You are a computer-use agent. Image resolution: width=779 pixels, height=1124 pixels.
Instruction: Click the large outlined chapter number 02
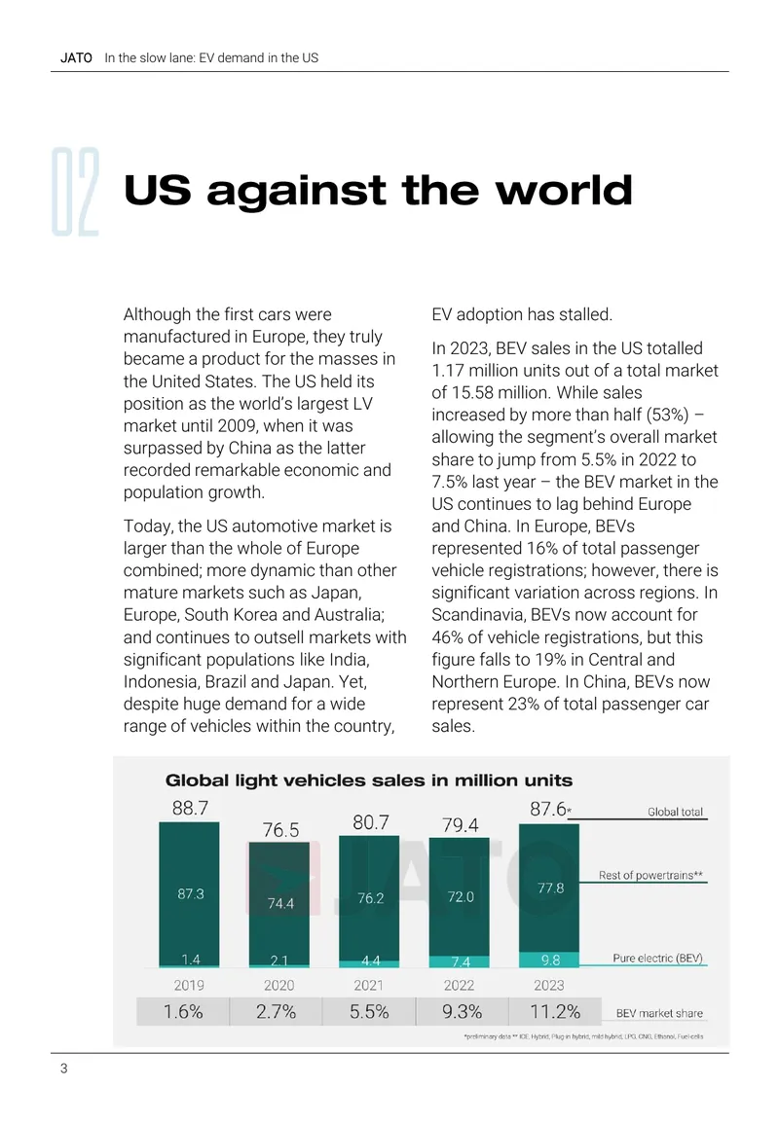pyautogui.click(x=75, y=192)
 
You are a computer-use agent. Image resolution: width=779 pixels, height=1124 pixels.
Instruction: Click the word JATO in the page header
pyautogui.click(x=76, y=58)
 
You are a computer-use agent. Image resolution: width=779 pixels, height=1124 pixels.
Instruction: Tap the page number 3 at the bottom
pyautogui.click(x=64, y=1069)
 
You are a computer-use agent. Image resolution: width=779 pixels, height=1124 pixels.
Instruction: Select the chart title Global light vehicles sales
pyautogui.click(x=369, y=780)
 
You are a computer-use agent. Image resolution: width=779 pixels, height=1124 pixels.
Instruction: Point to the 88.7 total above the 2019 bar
pyautogui.click(x=190, y=808)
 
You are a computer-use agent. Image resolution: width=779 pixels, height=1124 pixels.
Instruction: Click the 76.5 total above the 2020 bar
pyautogui.click(x=280, y=830)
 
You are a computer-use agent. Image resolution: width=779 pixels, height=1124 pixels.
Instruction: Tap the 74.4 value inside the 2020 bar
pyautogui.click(x=280, y=903)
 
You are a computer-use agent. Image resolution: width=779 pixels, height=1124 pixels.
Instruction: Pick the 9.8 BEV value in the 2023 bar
pyautogui.click(x=550, y=960)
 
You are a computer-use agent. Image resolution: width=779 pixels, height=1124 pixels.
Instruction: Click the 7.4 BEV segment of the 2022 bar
pyautogui.click(x=460, y=962)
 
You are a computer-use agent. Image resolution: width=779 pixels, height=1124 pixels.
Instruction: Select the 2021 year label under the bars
pyautogui.click(x=369, y=986)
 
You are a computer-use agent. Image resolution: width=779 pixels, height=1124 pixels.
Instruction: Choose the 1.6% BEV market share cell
pyautogui.click(x=183, y=1011)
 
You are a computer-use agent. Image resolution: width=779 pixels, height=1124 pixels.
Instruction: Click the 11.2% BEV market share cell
pyautogui.click(x=555, y=1011)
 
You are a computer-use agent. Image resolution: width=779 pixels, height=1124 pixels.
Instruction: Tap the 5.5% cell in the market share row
pyautogui.click(x=369, y=1011)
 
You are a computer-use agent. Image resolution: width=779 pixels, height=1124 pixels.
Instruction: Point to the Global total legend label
pyautogui.click(x=675, y=812)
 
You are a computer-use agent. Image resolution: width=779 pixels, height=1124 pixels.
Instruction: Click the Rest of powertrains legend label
pyautogui.click(x=650, y=875)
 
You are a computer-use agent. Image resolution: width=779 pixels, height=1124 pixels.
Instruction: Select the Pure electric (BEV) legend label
pyautogui.click(x=658, y=958)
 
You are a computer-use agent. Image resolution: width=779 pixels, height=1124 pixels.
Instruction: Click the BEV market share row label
pyautogui.click(x=659, y=1013)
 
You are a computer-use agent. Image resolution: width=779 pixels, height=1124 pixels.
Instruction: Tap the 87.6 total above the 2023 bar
pyautogui.click(x=549, y=809)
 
